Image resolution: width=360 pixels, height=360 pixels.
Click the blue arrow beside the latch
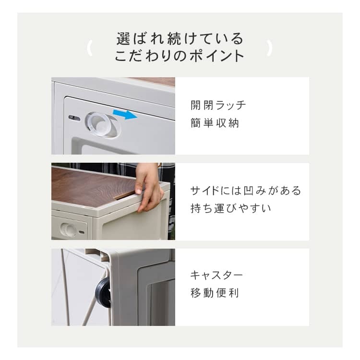coord(125,114)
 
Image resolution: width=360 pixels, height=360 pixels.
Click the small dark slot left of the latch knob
coord(74,118)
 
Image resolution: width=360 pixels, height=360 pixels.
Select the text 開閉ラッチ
coord(218,106)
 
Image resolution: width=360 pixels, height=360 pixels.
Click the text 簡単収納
coord(215,123)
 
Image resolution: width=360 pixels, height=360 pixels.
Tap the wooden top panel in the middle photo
coord(94,186)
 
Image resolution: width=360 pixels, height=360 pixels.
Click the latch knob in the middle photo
coord(68,229)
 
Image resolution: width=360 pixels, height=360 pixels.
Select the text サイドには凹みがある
coord(246,191)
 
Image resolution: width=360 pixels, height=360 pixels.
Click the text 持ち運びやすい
coord(231,208)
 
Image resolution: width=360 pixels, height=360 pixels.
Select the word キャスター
coord(216,275)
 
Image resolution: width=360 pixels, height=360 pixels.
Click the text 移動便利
coord(215,293)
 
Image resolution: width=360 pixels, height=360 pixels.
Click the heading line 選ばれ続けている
coord(180,38)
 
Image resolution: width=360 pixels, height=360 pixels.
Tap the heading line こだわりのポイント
coord(180,56)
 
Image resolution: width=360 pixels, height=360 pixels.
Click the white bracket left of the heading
coord(89,48)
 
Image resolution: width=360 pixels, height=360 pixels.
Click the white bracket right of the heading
coord(270,48)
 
